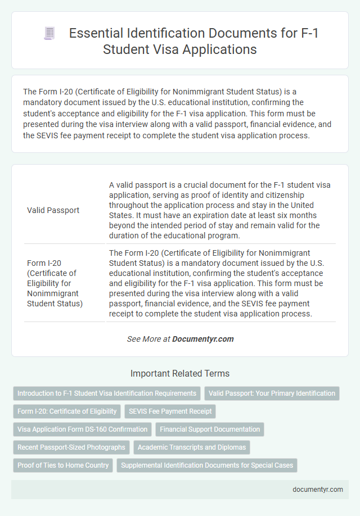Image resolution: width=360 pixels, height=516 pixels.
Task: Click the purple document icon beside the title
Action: click(50, 34)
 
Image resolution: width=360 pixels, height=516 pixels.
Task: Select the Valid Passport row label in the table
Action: click(53, 210)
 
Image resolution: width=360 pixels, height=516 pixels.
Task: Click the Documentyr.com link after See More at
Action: click(202, 339)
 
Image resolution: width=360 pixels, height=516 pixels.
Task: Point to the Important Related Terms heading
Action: click(180, 373)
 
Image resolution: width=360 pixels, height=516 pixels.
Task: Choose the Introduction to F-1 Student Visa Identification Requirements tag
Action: click(107, 393)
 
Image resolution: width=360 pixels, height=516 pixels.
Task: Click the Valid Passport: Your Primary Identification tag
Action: click(272, 393)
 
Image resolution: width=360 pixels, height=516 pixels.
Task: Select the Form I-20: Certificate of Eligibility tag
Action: click(67, 411)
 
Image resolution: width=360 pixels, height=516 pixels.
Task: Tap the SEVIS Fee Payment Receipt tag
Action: click(170, 411)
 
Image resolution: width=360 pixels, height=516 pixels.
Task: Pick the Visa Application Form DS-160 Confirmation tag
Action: click(82, 429)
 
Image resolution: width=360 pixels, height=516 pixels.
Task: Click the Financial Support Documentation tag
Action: click(210, 429)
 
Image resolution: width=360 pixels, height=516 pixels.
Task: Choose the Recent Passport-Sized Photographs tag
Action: click(71, 447)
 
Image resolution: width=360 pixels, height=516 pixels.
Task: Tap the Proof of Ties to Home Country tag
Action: click(63, 465)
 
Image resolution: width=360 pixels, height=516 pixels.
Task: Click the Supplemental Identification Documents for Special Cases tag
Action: click(207, 465)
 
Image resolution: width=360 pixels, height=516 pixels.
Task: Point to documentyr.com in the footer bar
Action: click(318, 489)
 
